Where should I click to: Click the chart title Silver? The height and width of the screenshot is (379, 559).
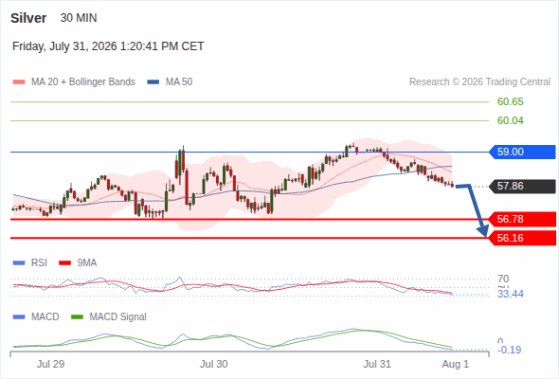(28, 18)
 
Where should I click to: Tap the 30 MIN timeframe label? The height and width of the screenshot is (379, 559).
(79, 18)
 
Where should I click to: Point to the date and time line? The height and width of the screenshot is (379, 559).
(108, 46)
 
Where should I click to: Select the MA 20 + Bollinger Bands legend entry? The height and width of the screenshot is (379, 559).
(74, 82)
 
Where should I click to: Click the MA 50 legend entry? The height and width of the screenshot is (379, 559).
(170, 82)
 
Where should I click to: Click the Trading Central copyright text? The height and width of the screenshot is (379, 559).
(479, 82)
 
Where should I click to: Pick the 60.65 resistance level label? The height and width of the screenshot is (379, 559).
(510, 102)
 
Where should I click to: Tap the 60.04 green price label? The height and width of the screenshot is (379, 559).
(510, 121)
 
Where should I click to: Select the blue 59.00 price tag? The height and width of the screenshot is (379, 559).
(521, 152)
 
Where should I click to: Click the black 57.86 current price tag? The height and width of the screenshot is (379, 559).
(521, 186)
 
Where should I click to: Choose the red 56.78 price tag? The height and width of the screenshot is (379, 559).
(521, 219)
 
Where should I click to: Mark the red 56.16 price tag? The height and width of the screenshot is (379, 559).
(521, 238)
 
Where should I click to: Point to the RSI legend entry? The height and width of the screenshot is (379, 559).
(30, 263)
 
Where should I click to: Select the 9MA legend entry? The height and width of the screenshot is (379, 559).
(78, 263)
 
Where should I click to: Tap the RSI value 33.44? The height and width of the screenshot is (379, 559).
(510, 294)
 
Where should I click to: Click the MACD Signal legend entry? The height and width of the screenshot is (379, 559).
(109, 317)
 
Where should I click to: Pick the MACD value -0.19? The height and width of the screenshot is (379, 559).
(509, 350)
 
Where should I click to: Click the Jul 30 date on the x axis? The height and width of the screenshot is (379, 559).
(213, 364)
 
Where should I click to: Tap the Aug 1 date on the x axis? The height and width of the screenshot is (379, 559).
(456, 364)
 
